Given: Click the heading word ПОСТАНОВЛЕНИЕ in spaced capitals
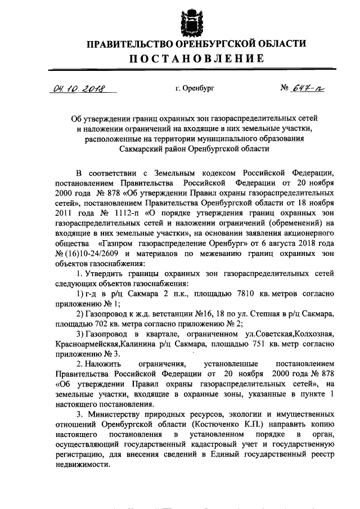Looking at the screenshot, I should coord(191,58).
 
